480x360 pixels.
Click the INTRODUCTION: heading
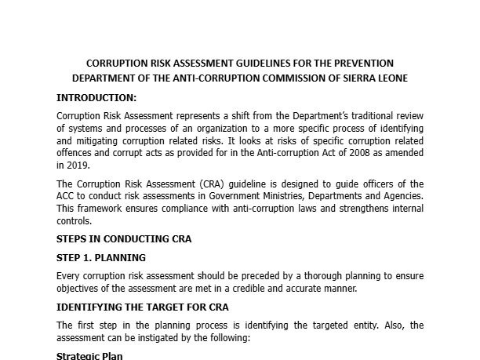click(96, 98)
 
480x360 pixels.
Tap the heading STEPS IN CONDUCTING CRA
click(124, 238)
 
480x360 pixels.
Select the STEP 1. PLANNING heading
click(101, 257)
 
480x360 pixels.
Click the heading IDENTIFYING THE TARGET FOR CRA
click(143, 307)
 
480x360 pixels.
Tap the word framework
click(100, 209)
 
